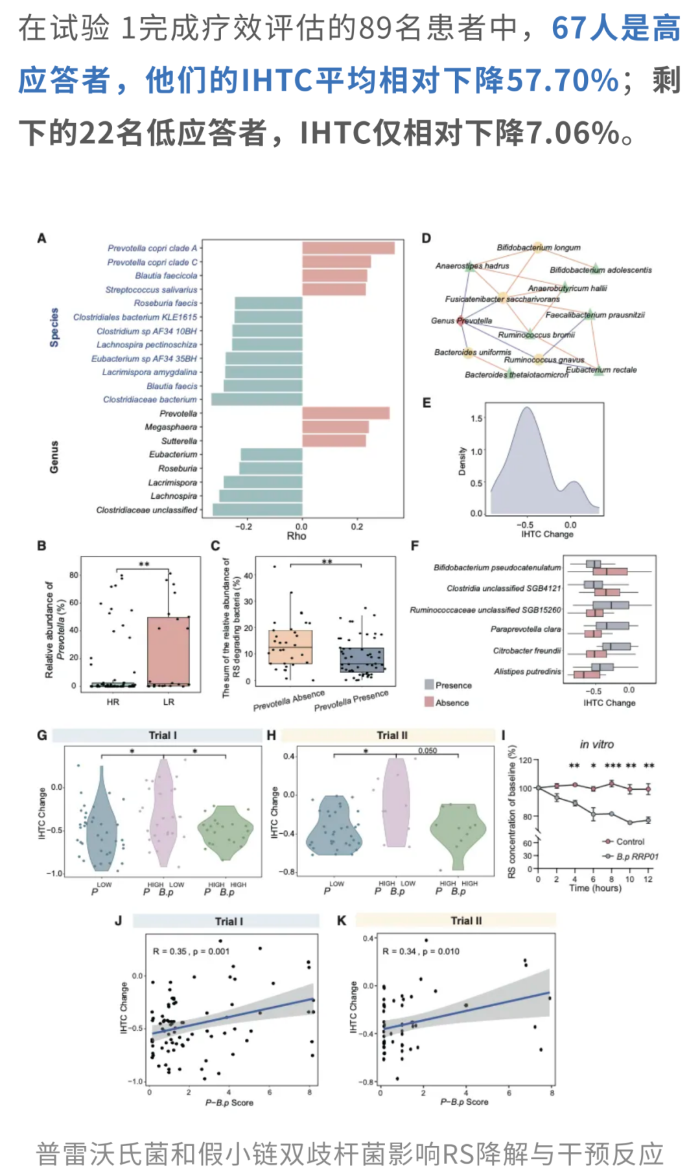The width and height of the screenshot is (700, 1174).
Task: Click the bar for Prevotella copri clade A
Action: tap(348, 248)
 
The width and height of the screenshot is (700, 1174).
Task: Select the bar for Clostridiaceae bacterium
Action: tap(257, 399)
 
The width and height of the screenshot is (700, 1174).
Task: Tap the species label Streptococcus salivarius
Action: tap(151, 290)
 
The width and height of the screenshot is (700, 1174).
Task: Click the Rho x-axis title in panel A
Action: tap(296, 536)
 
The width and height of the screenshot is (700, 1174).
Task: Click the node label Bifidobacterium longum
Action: tap(538, 247)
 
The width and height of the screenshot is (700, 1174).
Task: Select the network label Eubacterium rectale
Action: tap(601, 370)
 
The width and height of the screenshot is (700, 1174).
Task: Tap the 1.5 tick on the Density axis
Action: tap(476, 419)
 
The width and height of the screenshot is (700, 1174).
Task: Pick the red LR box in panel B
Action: tap(169, 651)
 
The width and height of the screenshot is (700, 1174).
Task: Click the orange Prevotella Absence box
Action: tap(290, 647)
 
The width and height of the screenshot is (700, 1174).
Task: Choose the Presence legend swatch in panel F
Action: tap(429, 685)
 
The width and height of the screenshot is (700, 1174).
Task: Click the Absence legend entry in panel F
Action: tap(452, 702)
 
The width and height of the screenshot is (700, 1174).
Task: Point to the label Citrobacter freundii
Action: tap(526, 650)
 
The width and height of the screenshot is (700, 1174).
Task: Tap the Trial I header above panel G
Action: tap(162, 735)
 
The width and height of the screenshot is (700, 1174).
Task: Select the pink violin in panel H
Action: tap(395, 803)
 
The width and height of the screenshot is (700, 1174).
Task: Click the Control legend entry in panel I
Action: tap(629, 842)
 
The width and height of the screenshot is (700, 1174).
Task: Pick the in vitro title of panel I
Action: tap(596, 744)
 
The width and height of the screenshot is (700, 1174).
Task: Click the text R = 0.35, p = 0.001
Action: tap(191, 952)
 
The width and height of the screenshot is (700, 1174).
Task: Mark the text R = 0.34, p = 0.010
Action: tap(421, 952)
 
